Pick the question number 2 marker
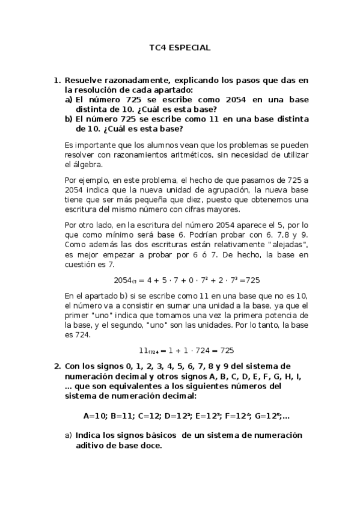[57, 366]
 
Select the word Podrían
[189, 235]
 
